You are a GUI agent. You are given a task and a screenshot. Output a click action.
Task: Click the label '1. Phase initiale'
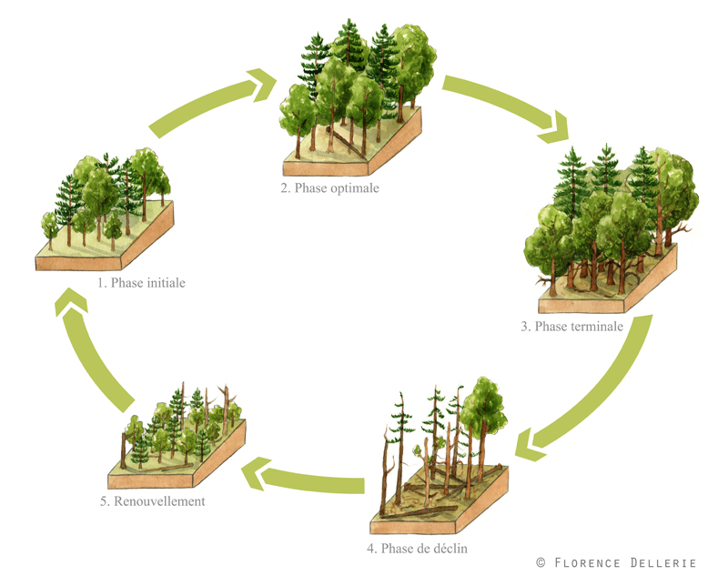(x=142, y=283)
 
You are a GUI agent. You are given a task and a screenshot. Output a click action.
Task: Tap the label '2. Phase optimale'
(x=330, y=189)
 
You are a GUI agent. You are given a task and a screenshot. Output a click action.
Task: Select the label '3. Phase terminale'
(x=571, y=327)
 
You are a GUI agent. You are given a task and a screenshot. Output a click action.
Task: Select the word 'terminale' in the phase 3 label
(x=594, y=327)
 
